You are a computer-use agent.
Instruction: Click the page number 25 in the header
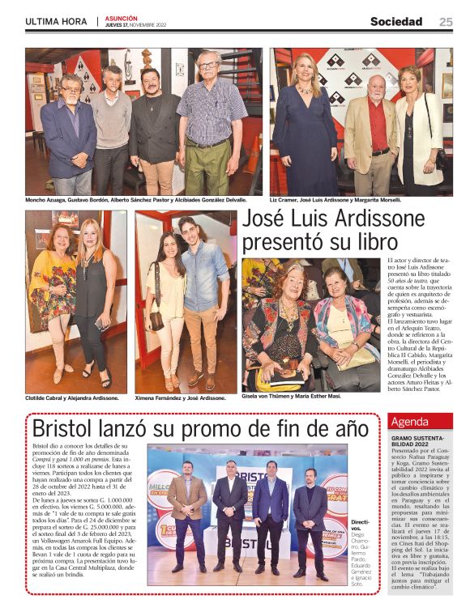pyautogui.click(x=446, y=22)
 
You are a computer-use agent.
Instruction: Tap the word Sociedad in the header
pyautogui.click(x=396, y=22)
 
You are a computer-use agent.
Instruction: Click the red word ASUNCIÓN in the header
pyautogui.click(x=121, y=17)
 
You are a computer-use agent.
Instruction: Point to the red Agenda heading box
pyautogui.click(x=421, y=422)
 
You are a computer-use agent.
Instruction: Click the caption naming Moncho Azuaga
pyautogui.click(x=147, y=200)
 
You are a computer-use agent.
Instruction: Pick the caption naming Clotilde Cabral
pyautogui.click(x=72, y=398)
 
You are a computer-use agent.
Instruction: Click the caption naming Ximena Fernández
pyautogui.click(x=180, y=398)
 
